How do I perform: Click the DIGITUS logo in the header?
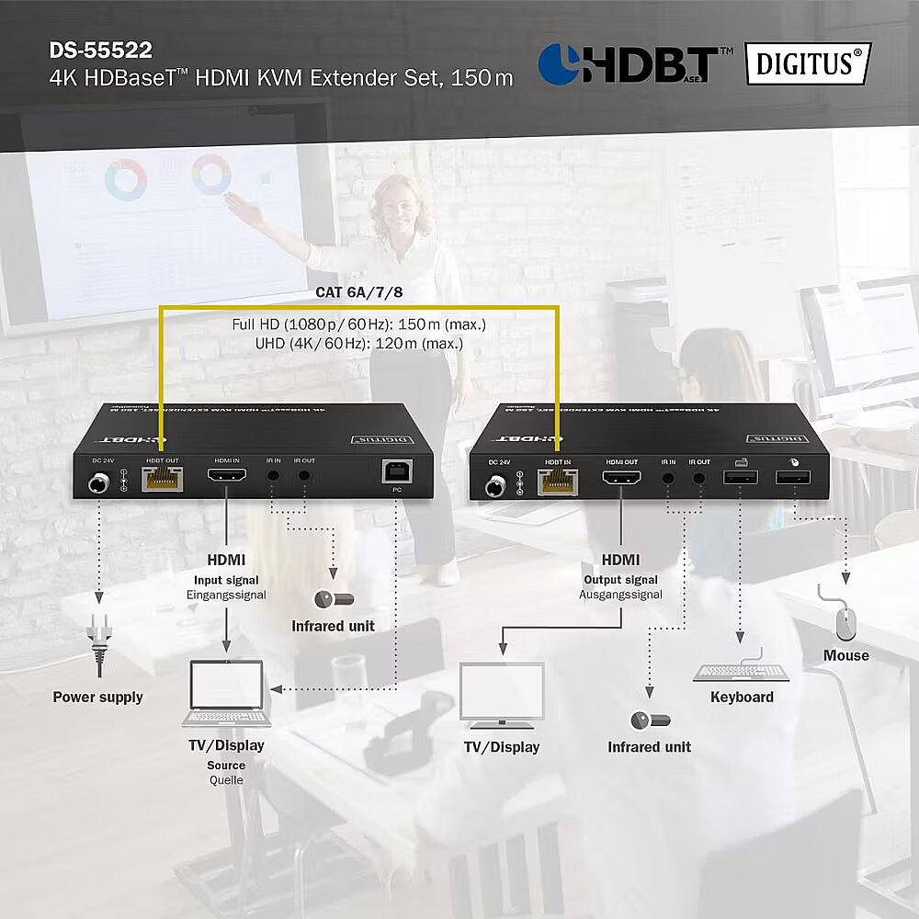808,63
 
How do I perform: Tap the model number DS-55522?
101,50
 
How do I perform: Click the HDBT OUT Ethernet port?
162,479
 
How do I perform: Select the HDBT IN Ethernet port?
558,480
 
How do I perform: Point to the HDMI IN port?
226,477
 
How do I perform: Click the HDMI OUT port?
621,478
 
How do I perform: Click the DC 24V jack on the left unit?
97,482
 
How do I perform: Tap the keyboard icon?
742,668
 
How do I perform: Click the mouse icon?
845,624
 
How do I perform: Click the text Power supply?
97,697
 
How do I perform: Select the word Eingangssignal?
226,595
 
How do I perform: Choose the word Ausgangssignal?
621,595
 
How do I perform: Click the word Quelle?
226,780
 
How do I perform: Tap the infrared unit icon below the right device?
650,720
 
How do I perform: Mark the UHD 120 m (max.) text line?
359,343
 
